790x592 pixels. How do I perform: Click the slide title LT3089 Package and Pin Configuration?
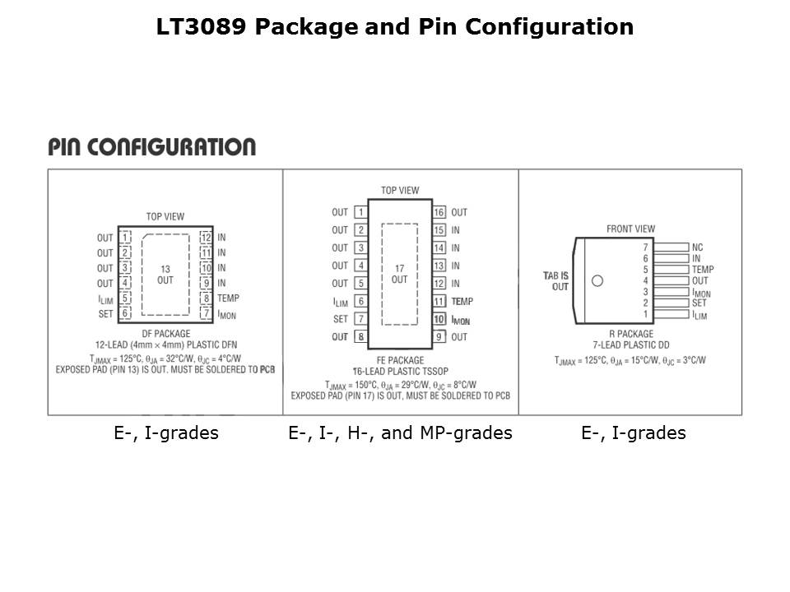tap(395, 27)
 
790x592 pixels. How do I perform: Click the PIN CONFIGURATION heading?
tap(152, 147)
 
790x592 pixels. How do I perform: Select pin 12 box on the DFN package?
tap(206, 238)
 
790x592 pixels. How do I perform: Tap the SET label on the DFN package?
tap(105, 313)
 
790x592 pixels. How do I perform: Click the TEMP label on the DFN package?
tap(229, 298)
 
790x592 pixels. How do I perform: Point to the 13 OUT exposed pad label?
tap(165, 275)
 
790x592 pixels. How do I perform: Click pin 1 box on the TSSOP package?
tap(360, 212)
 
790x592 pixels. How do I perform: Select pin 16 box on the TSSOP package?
tap(439, 212)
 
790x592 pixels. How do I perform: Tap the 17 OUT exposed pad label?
tap(399, 274)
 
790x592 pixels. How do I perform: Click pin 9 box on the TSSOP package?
tap(439, 337)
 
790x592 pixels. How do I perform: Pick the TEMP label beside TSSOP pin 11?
tap(462, 302)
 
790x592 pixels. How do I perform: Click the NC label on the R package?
tap(698, 247)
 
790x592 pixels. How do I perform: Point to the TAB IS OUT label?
tap(555, 281)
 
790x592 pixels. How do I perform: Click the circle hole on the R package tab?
tap(597, 280)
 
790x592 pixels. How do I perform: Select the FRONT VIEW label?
tap(631, 229)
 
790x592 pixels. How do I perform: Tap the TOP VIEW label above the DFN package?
tap(165, 217)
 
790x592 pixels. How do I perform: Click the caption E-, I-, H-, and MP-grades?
tap(400, 433)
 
